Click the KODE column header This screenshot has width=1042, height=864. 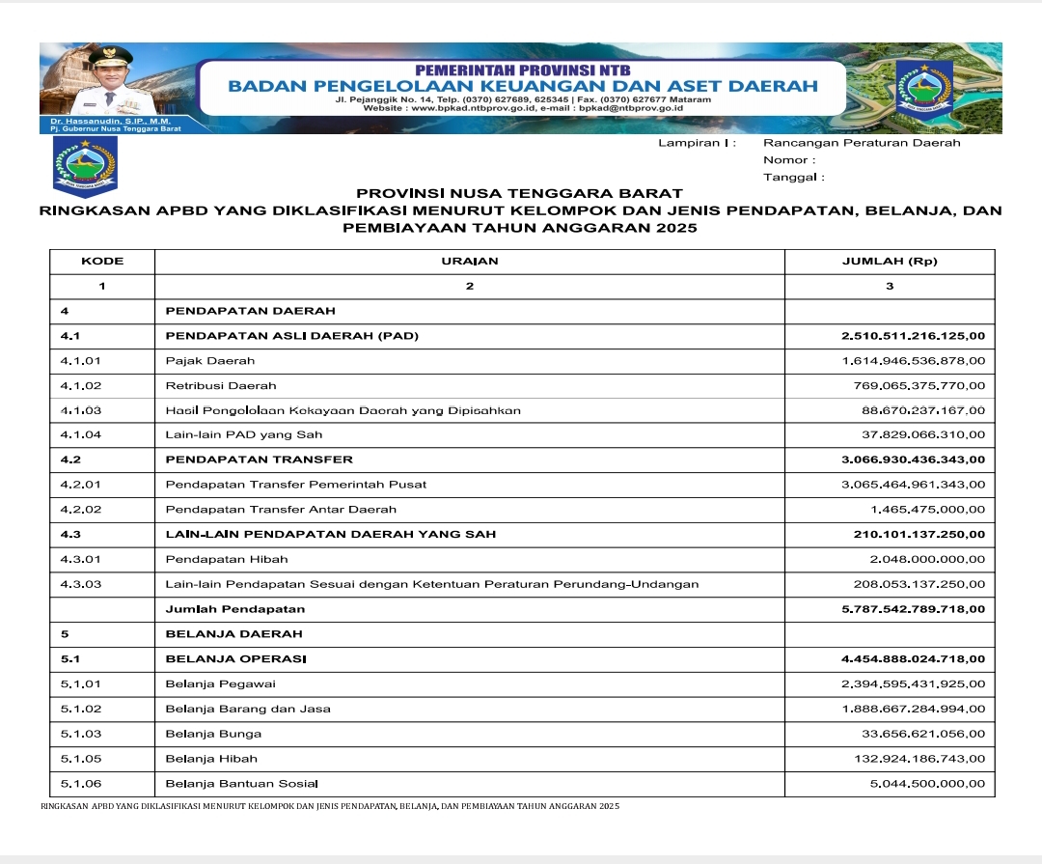[x=102, y=261]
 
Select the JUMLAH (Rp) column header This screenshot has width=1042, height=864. [x=889, y=261]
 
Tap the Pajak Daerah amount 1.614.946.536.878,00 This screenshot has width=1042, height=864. [x=913, y=360]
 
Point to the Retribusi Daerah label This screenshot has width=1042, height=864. [x=206, y=385]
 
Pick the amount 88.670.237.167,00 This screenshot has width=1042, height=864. [x=923, y=410]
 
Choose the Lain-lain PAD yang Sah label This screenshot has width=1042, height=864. [x=244, y=434]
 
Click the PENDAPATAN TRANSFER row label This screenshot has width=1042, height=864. [x=260, y=460]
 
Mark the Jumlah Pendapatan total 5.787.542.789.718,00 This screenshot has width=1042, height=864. [x=913, y=609]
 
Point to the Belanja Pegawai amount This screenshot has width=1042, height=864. [x=913, y=683]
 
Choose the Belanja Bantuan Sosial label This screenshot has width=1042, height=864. [x=241, y=783]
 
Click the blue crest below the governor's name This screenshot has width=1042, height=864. [x=85, y=164]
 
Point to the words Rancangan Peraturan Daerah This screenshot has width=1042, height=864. [x=862, y=143]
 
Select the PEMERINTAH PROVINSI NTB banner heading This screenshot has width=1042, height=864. [x=522, y=70]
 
